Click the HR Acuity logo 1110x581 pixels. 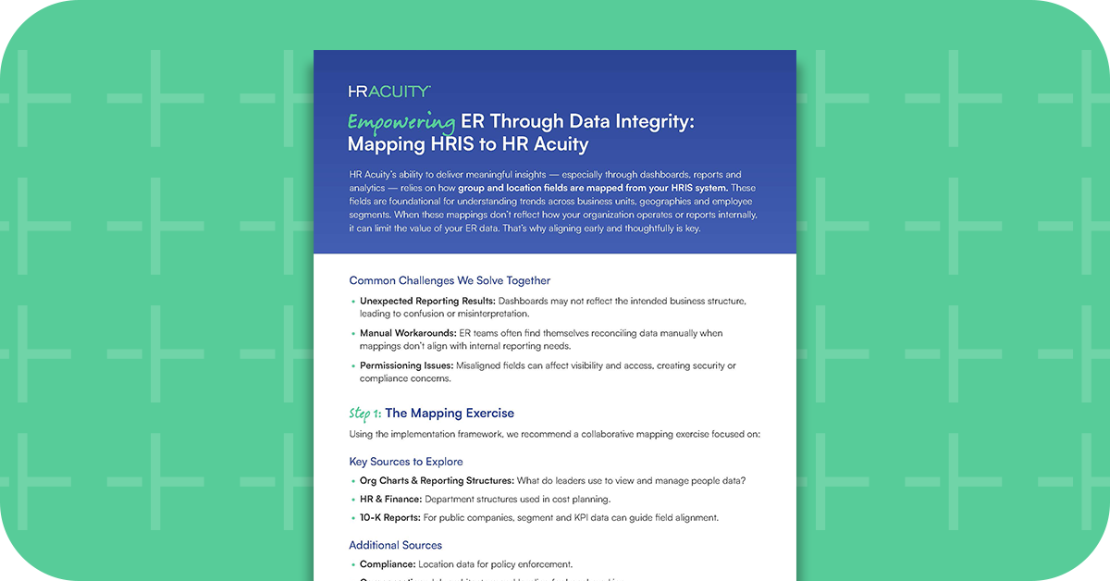click(388, 91)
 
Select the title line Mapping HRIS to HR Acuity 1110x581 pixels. click(467, 144)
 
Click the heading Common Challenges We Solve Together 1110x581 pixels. click(450, 280)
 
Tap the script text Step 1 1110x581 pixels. click(364, 413)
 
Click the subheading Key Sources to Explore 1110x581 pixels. click(406, 461)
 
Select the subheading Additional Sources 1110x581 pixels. click(396, 545)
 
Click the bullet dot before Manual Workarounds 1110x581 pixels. click(352, 333)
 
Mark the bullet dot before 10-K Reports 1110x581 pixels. click(352, 518)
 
